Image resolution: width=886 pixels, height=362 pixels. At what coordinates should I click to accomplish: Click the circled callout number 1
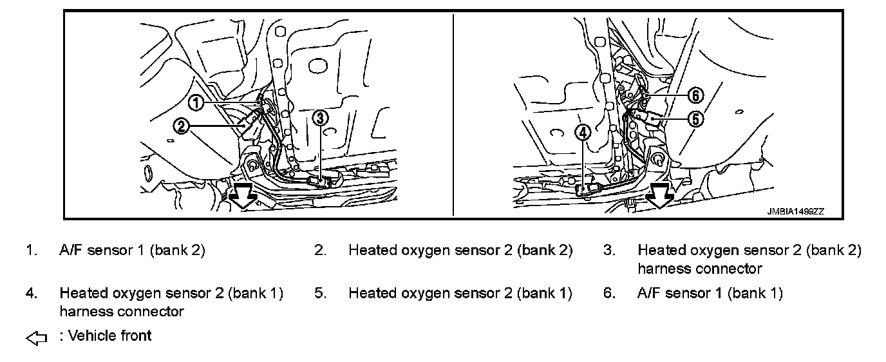(196, 102)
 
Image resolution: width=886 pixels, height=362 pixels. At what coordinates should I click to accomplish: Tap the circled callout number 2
(182, 126)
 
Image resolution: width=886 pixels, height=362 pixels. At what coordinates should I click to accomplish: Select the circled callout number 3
(321, 117)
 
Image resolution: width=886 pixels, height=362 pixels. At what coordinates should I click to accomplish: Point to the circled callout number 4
(582, 133)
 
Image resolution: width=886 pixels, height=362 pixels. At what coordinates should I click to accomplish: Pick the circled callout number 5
(695, 118)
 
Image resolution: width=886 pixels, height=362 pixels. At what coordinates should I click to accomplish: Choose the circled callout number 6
(695, 95)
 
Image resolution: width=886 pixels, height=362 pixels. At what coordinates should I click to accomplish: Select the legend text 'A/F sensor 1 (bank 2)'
(132, 251)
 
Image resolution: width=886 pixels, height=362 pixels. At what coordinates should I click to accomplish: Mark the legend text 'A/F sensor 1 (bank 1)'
(710, 294)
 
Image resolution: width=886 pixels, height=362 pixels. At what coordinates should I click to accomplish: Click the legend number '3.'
(609, 251)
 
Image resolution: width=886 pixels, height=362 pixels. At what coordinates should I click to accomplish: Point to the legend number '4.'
(32, 294)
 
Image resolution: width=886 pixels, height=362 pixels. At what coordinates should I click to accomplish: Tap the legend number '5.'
(321, 294)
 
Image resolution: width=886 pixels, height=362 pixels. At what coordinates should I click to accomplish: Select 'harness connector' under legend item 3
(699, 269)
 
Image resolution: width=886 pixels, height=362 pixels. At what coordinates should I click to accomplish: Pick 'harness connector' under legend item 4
(122, 312)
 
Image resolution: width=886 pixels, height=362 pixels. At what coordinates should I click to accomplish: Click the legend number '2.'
(321, 251)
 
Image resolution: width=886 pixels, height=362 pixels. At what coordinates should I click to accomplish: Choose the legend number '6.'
(609, 294)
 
